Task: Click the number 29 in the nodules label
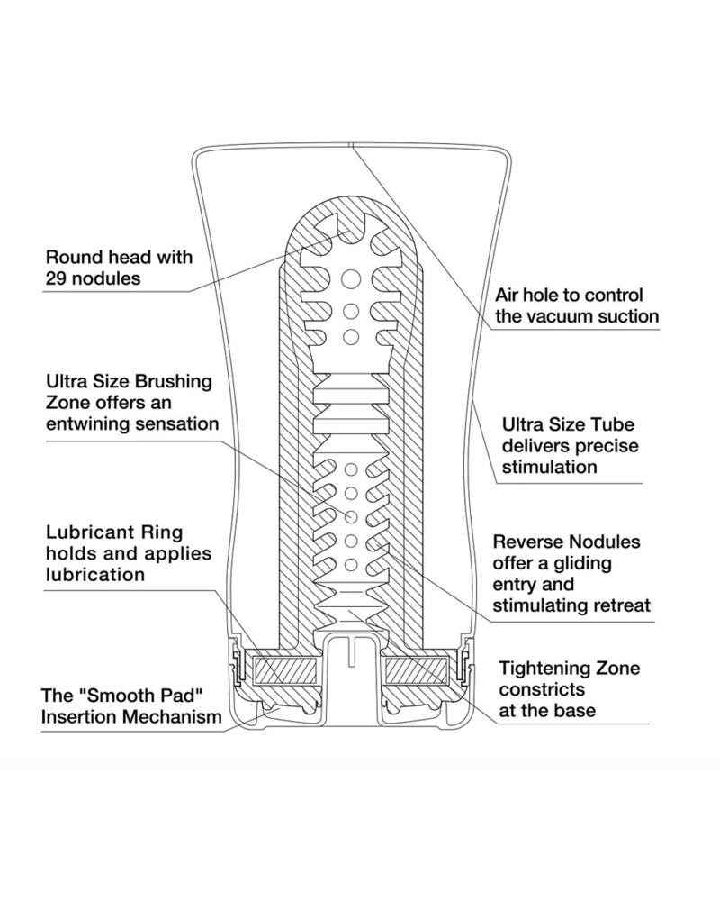click(55, 278)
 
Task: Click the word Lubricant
click(85, 532)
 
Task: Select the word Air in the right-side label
click(509, 296)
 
